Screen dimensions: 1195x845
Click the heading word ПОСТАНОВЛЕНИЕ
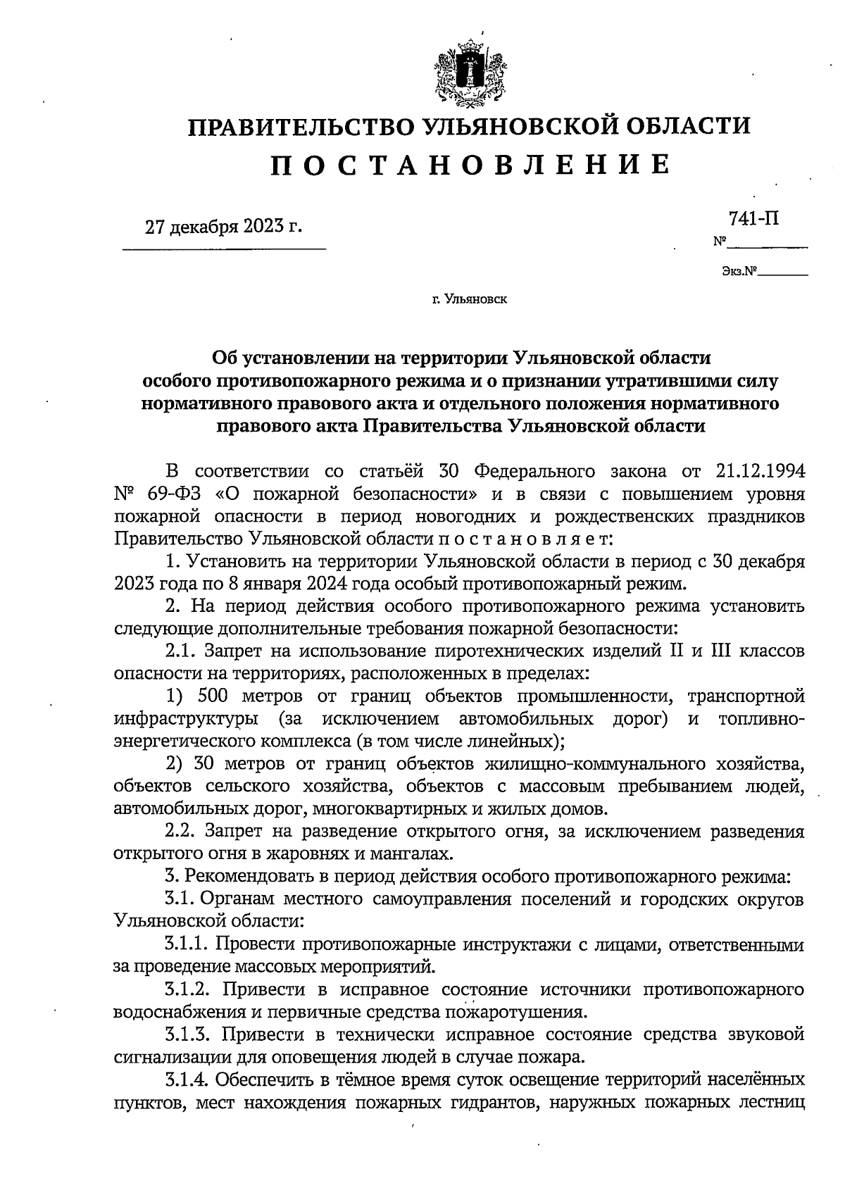pos(470,164)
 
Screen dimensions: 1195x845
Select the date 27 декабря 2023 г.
pos(223,227)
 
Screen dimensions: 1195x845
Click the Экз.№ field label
pos(738,270)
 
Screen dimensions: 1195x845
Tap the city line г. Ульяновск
pos(470,300)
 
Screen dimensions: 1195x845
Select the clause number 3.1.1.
pos(187,944)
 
